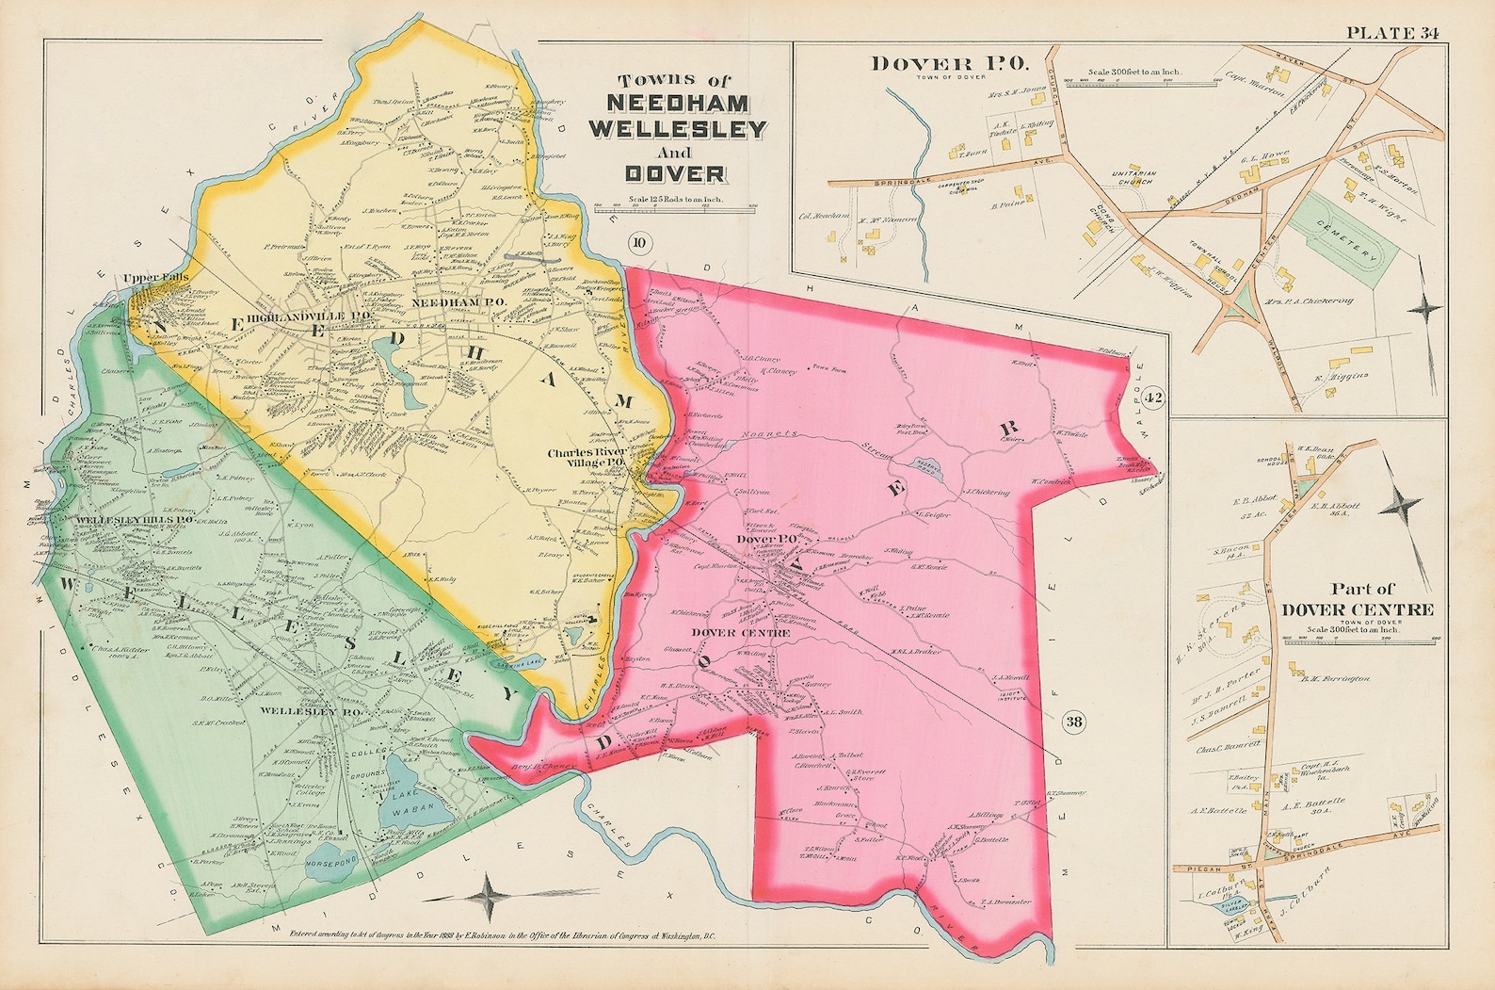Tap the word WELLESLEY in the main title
pos(678,129)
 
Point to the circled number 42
pos(1154,399)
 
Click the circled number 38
pos(1073,722)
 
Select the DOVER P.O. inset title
pos(952,64)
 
